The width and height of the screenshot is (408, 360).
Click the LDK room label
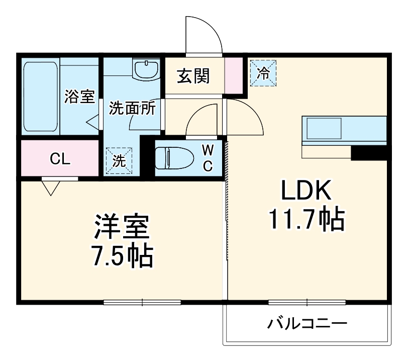point(306,192)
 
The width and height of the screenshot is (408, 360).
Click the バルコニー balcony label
point(307,323)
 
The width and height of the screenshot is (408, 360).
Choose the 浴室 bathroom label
point(79,97)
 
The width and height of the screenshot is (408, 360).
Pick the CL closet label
point(60,159)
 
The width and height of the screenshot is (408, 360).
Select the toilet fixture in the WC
point(173,157)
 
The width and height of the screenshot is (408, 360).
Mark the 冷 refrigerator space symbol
point(264,72)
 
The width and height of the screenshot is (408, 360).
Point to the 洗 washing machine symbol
point(119,160)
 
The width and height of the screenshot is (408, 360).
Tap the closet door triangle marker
point(51,188)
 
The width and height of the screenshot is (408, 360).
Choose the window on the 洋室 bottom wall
point(142,302)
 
